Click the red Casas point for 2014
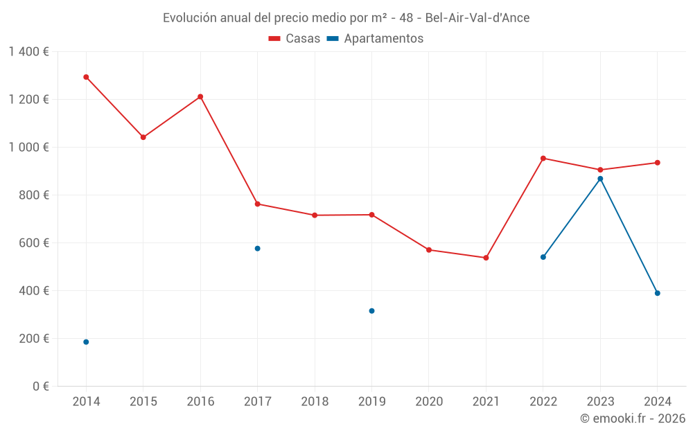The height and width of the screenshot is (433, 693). click(x=86, y=77)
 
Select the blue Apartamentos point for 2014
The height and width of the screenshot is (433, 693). click(x=86, y=342)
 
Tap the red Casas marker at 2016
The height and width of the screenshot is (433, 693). click(x=200, y=97)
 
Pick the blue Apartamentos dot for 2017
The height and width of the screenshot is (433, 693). click(x=257, y=249)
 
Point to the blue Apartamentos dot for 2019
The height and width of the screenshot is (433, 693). click(x=371, y=311)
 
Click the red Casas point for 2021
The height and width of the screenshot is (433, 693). click(x=486, y=258)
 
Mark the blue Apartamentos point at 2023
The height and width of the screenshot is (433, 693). click(x=600, y=179)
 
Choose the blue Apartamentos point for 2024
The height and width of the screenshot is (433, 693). click(x=657, y=293)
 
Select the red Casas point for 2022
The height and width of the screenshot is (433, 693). click(x=543, y=159)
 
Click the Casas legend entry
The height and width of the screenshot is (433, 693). click(x=295, y=39)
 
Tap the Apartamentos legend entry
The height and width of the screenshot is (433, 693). click(x=375, y=39)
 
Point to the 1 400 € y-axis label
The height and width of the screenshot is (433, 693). click(x=28, y=52)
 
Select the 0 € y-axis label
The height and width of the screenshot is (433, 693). click(x=40, y=387)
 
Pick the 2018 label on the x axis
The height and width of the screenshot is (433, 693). click(x=315, y=402)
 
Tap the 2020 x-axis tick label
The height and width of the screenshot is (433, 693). click(x=429, y=402)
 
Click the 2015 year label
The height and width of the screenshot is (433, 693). click(x=143, y=402)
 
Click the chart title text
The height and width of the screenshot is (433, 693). click(x=346, y=18)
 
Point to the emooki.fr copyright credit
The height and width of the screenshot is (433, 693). click(x=632, y=418)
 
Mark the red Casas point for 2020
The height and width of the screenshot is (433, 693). click(x=429, y=250)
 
